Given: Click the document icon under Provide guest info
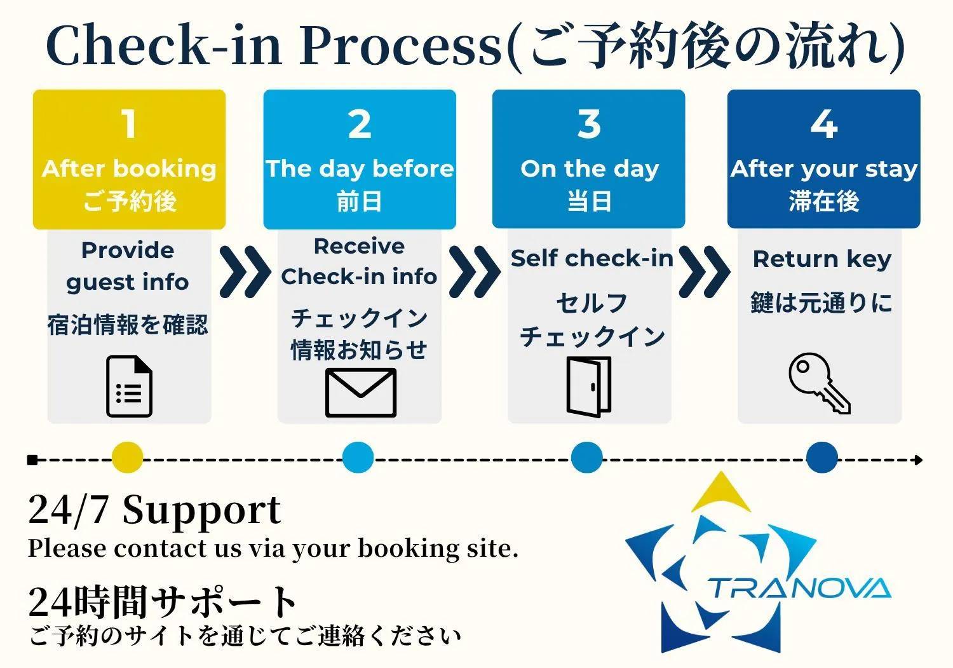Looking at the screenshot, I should pos(129,386).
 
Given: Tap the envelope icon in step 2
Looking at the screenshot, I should pos(360,393).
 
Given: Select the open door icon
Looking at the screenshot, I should pos(589,386).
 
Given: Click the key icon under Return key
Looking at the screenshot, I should pos(818,383).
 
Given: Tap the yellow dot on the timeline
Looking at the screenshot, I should pos(127,458).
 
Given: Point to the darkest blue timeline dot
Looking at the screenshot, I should pos(821,458).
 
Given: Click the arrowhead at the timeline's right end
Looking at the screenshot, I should pos(918,460).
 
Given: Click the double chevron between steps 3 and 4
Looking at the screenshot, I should pos(704,272).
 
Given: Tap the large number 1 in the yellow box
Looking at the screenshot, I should pos(129,124).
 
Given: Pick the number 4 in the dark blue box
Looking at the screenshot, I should pos(823,124).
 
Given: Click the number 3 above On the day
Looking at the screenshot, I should pos(589,124).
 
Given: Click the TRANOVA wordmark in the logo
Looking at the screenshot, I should pos(799,589).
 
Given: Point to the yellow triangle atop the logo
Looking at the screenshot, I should pos(721,494).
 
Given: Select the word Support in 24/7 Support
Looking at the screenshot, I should pos(201,510).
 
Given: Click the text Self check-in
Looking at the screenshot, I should pos(591,259).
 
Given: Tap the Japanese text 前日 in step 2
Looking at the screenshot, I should pos(360,201).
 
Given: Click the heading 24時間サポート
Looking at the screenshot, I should pos(162,601).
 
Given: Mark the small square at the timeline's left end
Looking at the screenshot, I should pos(32,460).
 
